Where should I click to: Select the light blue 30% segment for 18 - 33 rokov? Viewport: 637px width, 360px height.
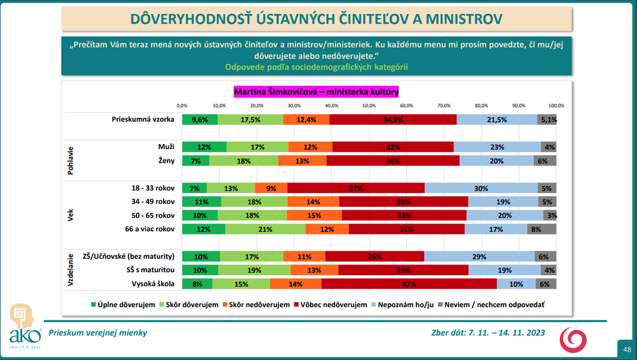pyautogui.click(x=481, y=188)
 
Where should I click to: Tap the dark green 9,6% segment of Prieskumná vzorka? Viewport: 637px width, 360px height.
pyautogui.click(x=200, y=119)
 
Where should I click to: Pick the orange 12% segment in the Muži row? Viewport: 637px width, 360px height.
pyautogui.click(x=310, y=147)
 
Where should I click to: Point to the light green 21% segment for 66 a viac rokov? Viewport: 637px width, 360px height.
pyautogui.click(x=265, y=229)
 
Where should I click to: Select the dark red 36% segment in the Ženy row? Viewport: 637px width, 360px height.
pyautogui.click(x=393, y=161)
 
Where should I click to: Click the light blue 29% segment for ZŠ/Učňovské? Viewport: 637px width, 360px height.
pyautogui.click(x=479, y=257)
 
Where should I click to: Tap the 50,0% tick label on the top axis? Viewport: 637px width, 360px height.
pyautogui.click(x=369, y=105)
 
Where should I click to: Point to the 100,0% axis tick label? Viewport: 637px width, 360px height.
pyautogui.click(x=556, y=105)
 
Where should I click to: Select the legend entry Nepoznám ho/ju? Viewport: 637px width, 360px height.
pyautogui.click(x=406, y=305)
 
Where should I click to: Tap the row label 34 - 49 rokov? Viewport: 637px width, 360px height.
pyautogui.click(x=152, y=201)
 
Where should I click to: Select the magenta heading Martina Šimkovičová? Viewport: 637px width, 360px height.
pyautogui.click(x=316, y=92)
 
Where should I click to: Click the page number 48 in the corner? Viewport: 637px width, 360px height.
pyautogui.click(x=627, y=349)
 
